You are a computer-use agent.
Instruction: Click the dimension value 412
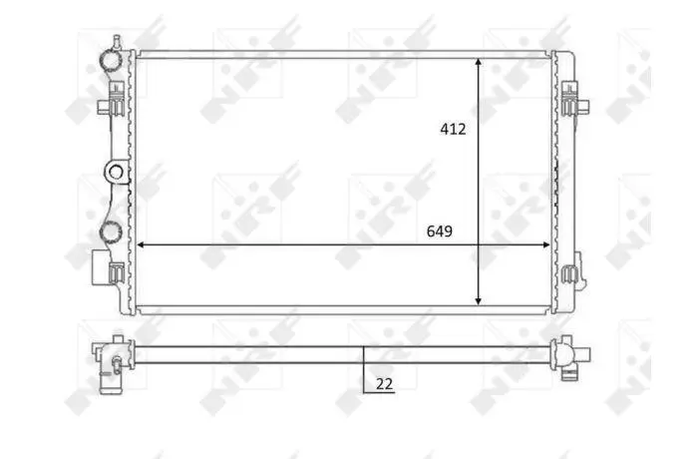pyautogui.click(x=453, y=129)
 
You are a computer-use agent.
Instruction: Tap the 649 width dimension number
pyautogui.click(x=440, y=231)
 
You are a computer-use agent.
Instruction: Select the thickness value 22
pyautogui.click(x=385, y=384)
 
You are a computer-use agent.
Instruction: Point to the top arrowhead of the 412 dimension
pyautogui.click(x=478, y=63)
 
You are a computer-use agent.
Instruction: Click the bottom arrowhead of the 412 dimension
pyautogui.click(x=478, y=300)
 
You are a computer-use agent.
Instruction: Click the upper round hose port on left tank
pyautogui.click(x=110, y=61)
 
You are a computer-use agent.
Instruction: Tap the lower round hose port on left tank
pyautogui.click(x=110, y=230)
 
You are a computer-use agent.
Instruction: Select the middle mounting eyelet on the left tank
pyautogui.click(x=116, y=172)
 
